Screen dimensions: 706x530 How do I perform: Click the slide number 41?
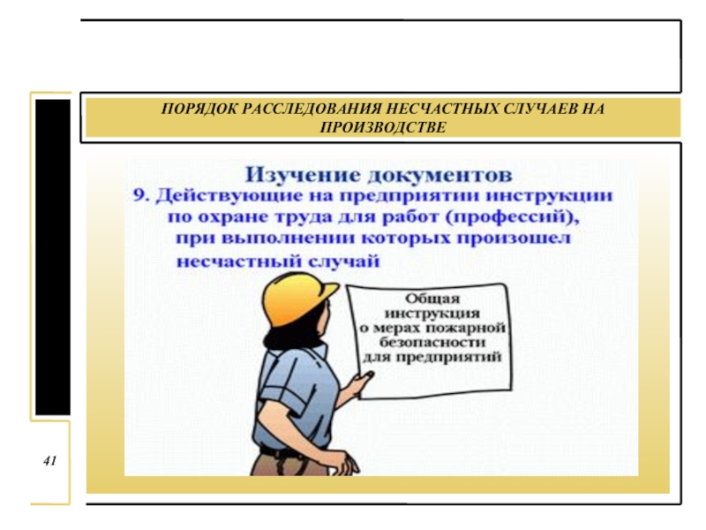49,460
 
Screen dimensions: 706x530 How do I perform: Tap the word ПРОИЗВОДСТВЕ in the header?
383,127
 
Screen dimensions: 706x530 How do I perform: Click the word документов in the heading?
439,175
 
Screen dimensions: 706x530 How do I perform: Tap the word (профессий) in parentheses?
512,217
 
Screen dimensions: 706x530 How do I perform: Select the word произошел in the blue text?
514,238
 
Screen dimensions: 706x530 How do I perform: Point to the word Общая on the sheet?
432,299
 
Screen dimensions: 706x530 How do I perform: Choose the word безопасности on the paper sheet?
432,343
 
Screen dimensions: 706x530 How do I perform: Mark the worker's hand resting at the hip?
345,462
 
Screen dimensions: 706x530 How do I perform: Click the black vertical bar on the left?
53,257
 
